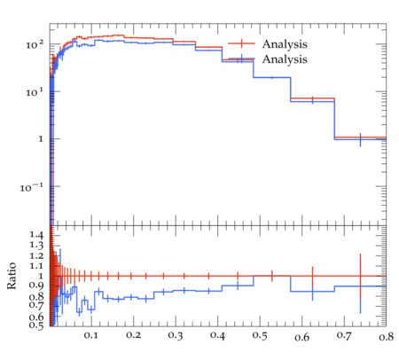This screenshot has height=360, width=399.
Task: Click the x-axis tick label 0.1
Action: [90, 335]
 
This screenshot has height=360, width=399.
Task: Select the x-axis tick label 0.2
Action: [133, 335]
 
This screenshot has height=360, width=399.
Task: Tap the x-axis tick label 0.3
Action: [176, 335]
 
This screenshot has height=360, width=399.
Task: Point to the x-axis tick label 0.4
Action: [217, 336]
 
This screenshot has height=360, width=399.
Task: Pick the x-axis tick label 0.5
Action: [260, 336]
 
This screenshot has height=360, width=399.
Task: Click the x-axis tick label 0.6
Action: [301, 337]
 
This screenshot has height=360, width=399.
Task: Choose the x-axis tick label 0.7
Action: [344, 336]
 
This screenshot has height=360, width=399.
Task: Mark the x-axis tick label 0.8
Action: [387, 336]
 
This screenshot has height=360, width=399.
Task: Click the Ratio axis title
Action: [12, 276]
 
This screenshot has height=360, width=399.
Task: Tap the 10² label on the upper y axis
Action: [35, 45]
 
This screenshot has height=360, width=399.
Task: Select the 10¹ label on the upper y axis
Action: [35, 92]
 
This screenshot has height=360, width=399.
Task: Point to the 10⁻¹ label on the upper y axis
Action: [32, 187]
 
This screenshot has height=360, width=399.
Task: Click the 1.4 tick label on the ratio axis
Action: [36, 235]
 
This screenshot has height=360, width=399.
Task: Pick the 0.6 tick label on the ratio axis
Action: [36, 317]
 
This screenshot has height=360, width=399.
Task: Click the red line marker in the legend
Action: [241, 43]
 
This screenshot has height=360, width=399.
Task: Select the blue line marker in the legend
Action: [241, 59]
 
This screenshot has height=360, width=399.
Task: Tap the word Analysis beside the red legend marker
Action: [285, 44]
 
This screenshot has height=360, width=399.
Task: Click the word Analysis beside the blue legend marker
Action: [285, 59]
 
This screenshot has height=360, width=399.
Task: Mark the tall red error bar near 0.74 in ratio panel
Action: [360, 276]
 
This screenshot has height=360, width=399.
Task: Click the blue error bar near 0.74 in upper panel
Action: [360, 140]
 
